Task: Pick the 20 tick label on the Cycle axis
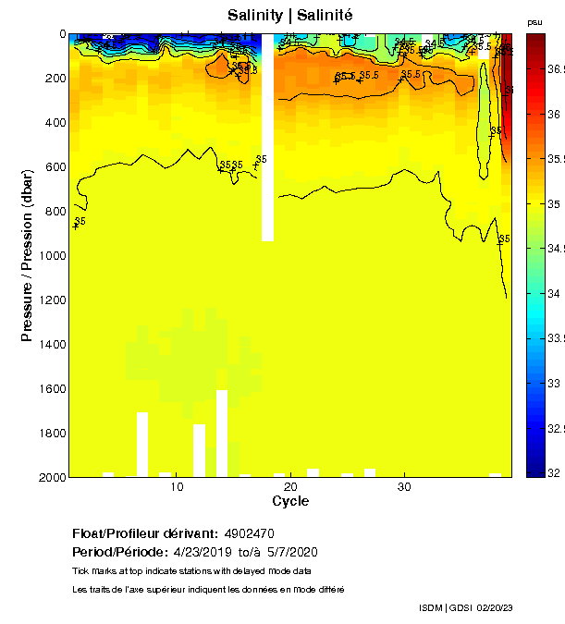290,487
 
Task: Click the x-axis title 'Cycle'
290,501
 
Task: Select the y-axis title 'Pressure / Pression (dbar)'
28,255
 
